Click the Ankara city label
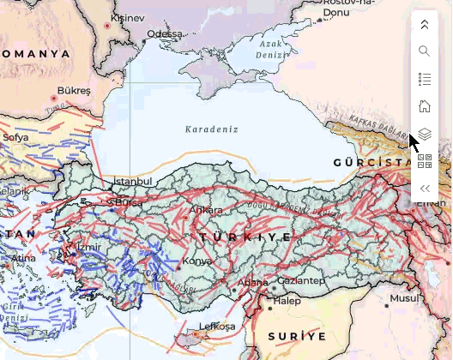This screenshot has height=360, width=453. point(207,210)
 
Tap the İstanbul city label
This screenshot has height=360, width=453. point(132,182)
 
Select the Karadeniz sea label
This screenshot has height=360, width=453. point(211,129)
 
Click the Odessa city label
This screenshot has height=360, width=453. point(165,34)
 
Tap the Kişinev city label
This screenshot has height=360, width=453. point(128,17)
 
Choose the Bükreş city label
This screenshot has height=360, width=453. point(73,90)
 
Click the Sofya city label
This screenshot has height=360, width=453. point(15,136)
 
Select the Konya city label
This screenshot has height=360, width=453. point(197,261)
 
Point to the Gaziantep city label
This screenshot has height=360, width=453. point(301,280)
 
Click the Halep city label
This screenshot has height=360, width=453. point(287,301)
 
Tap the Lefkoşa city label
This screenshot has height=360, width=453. point(217,327)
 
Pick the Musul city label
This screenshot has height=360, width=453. point(403,298)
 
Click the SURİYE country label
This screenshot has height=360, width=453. point(297,335)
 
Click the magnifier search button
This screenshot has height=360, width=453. point(424,51)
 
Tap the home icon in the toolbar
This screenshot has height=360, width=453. point(424,107)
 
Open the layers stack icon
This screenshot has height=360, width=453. point(424,135)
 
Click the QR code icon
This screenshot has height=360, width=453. point(424,161)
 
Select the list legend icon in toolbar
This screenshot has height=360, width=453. point(424,79)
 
